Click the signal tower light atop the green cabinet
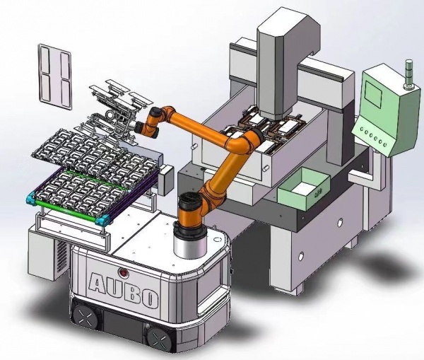pyautogui.click(x=408, y=75)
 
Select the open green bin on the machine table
pyautogui.click(x=304, y=190)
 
